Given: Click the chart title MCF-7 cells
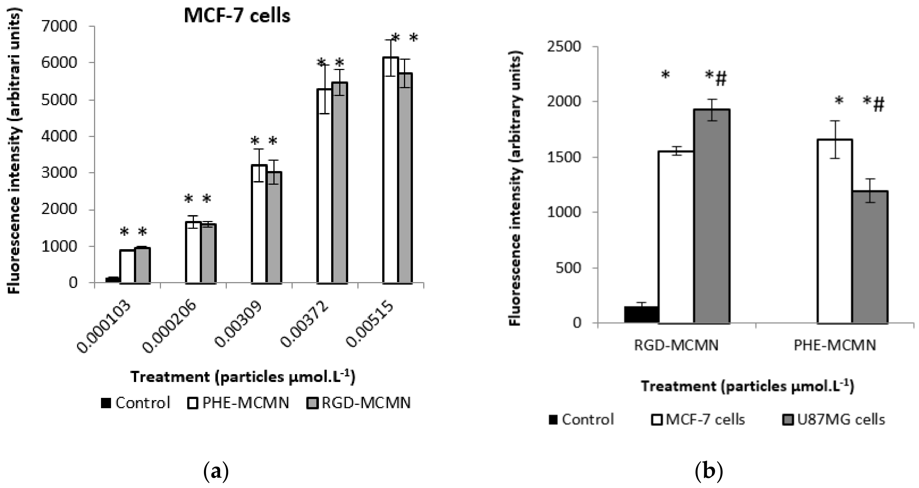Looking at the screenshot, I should [x=237, y=16].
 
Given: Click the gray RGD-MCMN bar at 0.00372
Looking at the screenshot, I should [x=340, y=183].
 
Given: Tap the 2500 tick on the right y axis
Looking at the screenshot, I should [x=564, y=47].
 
